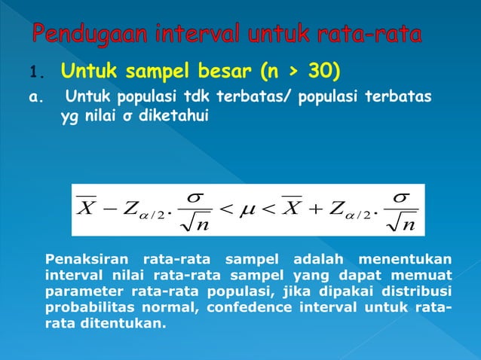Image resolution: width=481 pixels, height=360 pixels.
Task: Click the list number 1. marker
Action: (38, 74)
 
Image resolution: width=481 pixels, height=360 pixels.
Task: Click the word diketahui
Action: (172, 117)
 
